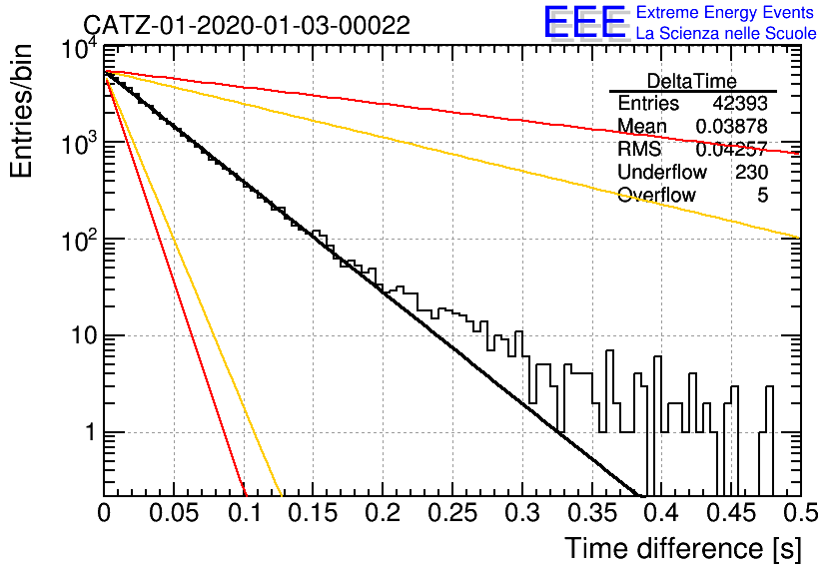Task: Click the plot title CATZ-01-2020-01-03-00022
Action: tap(247, 25)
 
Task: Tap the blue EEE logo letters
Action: tap(585, 22)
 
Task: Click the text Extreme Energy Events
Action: tap(725, 12)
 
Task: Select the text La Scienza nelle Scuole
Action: tap(726, 33)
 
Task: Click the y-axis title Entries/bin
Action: tap(21, 111)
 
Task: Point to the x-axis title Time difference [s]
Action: tap(683, 549)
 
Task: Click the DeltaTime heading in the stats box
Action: tap(692, 81)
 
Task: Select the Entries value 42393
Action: tap(740, 103)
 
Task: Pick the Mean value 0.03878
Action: tap(732, 126)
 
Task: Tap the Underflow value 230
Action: tap(751, 172)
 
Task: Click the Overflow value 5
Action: tap(762, 195)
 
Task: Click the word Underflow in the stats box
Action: tap(662, 172)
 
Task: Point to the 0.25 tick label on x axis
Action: tap(452, 513)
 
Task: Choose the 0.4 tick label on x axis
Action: tap(662, 513)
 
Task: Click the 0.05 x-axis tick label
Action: tap(174, 513)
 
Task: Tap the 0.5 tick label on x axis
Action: tap(801, 513)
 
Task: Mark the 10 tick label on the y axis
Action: tap(84, 336)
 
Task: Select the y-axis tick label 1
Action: tap(91, 432)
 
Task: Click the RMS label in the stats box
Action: tap(639, 149)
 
